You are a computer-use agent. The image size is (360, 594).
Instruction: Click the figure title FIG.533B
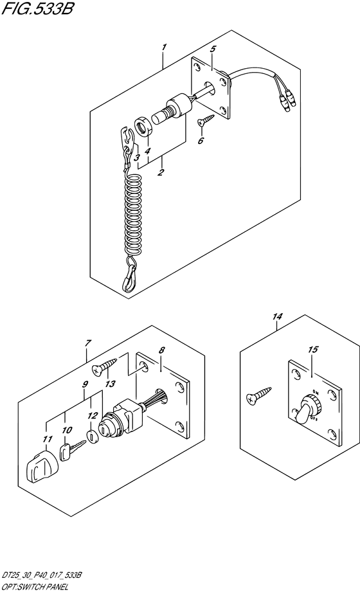coord(37,8)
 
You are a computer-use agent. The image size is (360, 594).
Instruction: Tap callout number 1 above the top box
coord(164,48)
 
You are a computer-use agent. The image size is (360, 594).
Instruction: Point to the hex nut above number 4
coord(143,126)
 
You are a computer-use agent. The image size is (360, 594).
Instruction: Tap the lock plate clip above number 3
coord(127,138)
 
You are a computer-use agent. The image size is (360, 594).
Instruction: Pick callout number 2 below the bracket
coord(161,172)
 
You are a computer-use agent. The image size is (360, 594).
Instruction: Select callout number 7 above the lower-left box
coord(88,343)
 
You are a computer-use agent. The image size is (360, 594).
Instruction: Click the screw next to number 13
coord(104,366)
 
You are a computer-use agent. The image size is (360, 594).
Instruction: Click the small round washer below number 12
coord(93,436)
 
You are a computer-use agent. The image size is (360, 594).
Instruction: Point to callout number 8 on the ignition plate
coord(162,351)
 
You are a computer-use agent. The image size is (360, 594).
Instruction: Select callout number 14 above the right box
coord(278,316)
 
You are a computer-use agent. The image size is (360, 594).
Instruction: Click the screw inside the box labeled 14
coord(258,394)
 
